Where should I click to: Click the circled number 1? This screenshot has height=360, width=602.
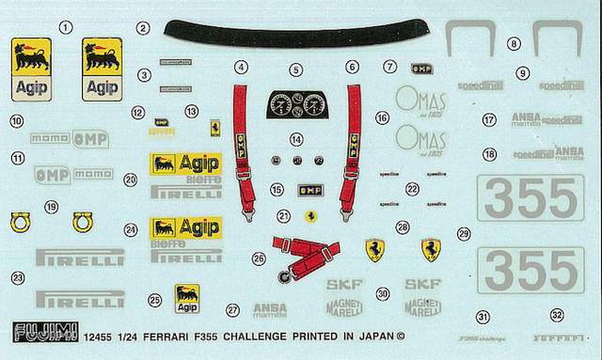point(65,27)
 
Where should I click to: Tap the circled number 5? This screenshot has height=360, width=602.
point(295,70)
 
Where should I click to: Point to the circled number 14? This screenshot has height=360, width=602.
point(296,139)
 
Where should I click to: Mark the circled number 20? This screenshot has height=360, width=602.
point(131,179)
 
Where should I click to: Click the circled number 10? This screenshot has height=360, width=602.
point(16,120)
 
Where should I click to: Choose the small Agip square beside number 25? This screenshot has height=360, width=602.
point(186,299)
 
